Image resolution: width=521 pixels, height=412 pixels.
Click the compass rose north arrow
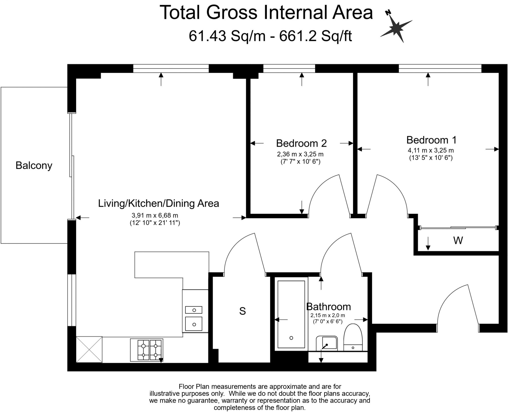pos(396,27)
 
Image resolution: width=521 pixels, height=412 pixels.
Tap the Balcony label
pos(34,165)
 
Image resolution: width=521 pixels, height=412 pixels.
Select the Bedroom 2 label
pos(301,143)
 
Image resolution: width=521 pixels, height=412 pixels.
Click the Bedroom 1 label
pos(431,140)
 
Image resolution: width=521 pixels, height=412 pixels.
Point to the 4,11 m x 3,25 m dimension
pos(431,150)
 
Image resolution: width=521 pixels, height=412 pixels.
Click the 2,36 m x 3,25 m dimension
pos(300,154)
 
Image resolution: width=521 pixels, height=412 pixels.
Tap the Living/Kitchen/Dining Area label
pos(158,203)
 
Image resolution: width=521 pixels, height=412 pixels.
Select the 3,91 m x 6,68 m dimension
pos(155,215)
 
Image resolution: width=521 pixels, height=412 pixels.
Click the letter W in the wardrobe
pos(458,240)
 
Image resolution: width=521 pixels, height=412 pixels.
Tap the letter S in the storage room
pos(242,311)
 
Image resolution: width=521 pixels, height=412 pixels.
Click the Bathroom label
pos(328,307)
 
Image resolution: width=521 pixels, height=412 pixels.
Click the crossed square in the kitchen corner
pos(89,349)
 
